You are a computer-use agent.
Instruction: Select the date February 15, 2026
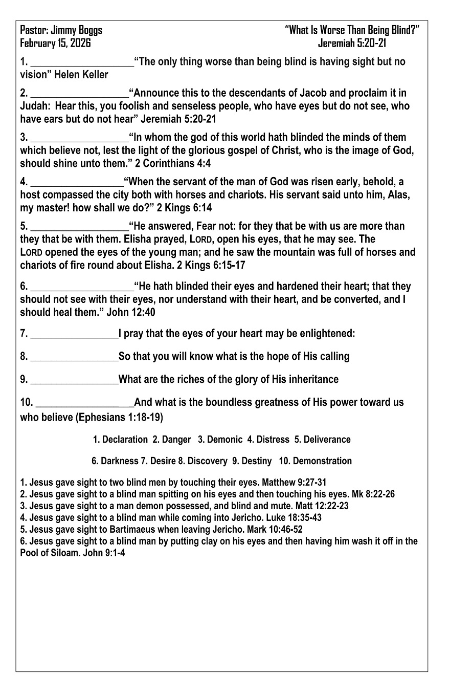coord(55,43)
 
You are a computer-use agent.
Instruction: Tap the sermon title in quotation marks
coord(352,30)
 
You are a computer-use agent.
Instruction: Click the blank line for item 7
coord(74,337)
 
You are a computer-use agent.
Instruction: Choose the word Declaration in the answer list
coord(125,440)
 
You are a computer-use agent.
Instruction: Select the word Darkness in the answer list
coord(119,461)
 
